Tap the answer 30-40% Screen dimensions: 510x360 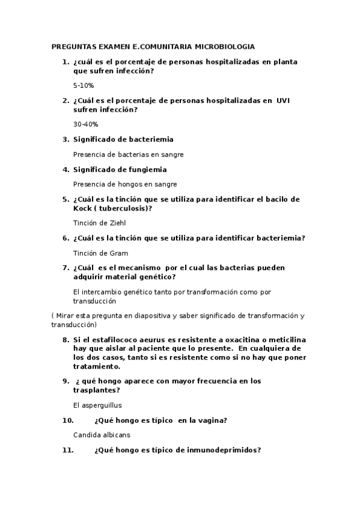click(x=85, y=124)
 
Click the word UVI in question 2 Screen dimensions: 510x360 click(x=282, y=100)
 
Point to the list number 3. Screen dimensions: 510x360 click(x=66, y=140)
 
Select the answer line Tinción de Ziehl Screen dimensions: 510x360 click(x=97, y=223)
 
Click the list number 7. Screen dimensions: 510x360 click(x=66, y=268)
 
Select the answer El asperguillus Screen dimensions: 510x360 click(x=97, y=405)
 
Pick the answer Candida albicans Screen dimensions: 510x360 click(x=102, y=434)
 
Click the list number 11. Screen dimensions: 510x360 click(x=67, y=449)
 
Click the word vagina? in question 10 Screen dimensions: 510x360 click(x=213, y=420)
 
